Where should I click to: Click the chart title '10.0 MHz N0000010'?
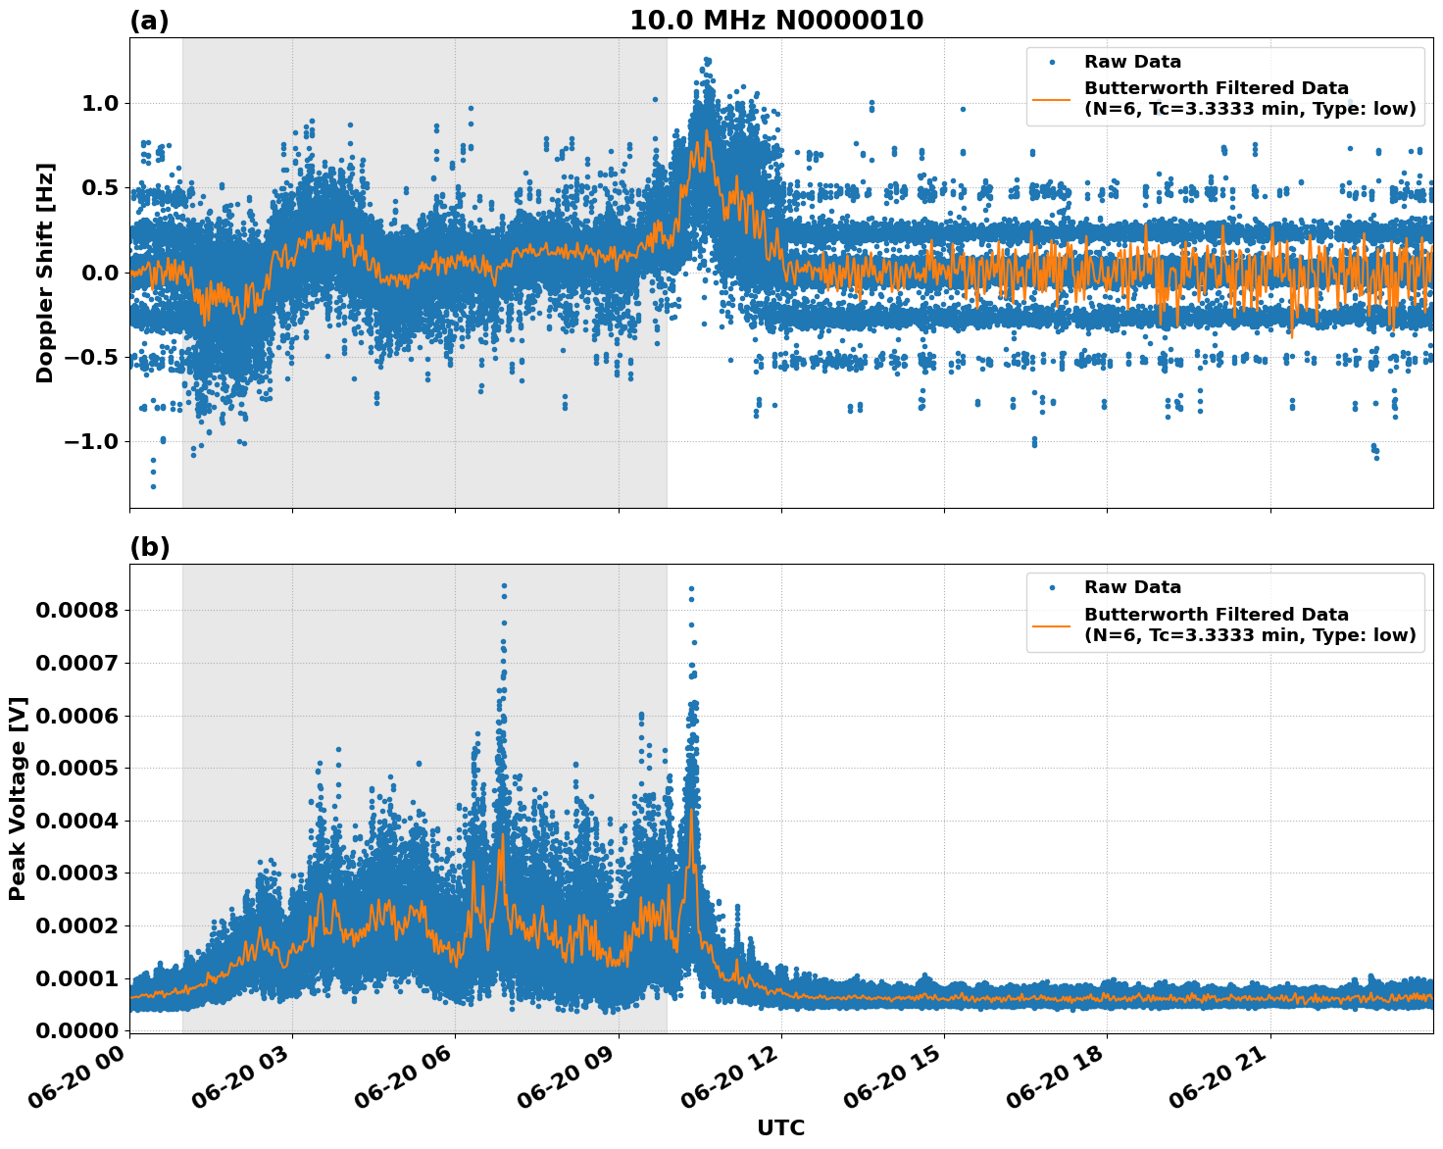tap(775, 21)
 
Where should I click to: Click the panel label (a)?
tap(149, 21)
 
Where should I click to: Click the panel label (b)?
tap(149, 547)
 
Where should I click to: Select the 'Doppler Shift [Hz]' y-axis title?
tap(45, 273)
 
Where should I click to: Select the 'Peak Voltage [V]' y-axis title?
tap(18, 798)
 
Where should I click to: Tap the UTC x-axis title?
tap(780, 1127)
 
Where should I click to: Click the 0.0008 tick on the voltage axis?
tap(76, 611)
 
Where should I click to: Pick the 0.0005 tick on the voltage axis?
tap(76, 769)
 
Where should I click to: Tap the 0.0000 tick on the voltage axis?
tap(76, 1031)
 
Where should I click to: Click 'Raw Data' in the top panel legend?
tap(1132, 62)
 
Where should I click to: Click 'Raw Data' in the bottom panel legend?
tap(1132, 587)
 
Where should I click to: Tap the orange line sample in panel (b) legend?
tap(1051, 624)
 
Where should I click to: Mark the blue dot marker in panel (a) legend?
tap(1051, 62)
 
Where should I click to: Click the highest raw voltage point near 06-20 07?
tap(504, 586)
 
